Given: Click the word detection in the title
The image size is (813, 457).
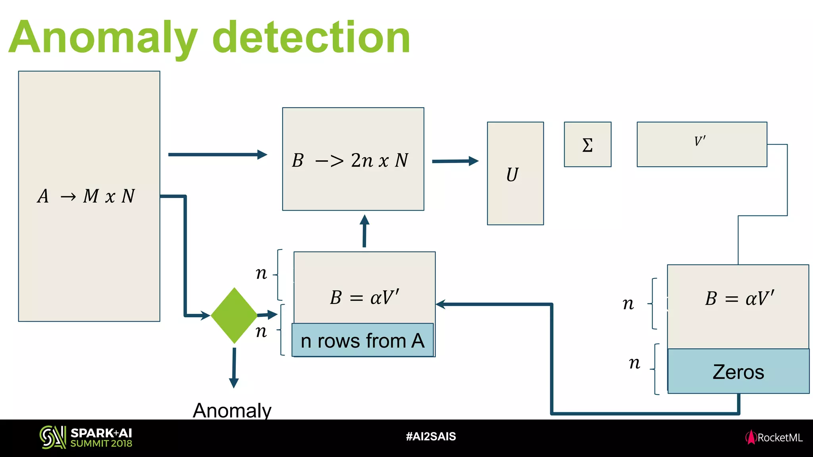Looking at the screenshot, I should (x=311, y=38).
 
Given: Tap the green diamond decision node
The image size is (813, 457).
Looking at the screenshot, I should (x=234, y=315).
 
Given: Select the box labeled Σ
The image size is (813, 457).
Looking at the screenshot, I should (x=588, y=144).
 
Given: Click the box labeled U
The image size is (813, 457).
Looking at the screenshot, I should (x=515, y=173).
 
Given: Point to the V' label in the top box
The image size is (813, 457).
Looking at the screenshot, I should (x=700, y=141).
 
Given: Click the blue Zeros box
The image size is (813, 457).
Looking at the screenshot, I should (x=738, y=372).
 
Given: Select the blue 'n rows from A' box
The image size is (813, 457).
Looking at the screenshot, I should (x=362, y=340).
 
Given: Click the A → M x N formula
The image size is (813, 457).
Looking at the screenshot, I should (x=87, y=196).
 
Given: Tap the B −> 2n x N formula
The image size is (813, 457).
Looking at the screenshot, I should (x=350, y=160).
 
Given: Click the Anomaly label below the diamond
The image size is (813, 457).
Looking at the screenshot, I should (x=232, y=410).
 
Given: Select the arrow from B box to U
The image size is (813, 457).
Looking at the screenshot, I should (x=455, y=161).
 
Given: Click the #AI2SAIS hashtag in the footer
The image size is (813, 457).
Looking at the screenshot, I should (x=431, y=437).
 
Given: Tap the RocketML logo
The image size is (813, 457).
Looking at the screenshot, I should (x=774, y=438).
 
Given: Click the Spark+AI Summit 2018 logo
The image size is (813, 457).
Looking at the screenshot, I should (x=86, y=438).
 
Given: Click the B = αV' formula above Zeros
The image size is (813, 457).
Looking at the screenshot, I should (x=740, y=298).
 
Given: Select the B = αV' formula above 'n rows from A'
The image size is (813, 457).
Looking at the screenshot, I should (x=364, y=298).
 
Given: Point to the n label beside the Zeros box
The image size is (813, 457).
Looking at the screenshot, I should (x=635, y=363).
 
